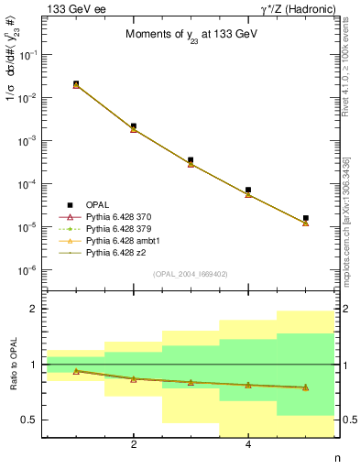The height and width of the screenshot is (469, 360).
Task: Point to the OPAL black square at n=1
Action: pyautogui.click(x=76, y=83)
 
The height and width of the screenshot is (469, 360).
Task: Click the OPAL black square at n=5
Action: pyautogui.click(x=305, y=218)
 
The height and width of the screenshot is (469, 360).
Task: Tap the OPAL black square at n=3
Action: pyautogui.click(x=191, y=160)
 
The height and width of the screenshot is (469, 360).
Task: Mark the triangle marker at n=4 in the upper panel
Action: pyautogui.click(x=248, y=194)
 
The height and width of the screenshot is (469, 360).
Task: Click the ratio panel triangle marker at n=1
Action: pyautogui.click(x=76, y=371)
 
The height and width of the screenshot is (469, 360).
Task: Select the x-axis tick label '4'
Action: pyautogui.click(x=248, y=445)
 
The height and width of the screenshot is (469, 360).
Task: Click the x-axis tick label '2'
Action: pyautogui.click(x=134, y=445)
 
